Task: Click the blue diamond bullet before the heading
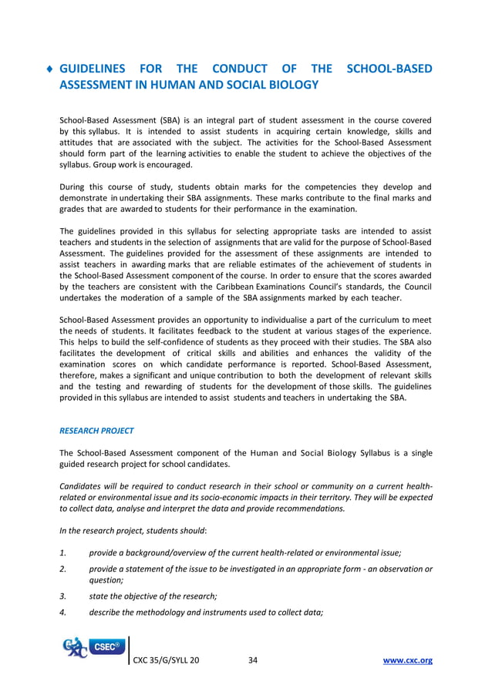(x=50, y=69)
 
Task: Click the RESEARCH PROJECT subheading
(x=96, y=431)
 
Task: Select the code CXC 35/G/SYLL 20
(x=166, y=661)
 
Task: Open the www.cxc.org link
(x=408, y=661)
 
